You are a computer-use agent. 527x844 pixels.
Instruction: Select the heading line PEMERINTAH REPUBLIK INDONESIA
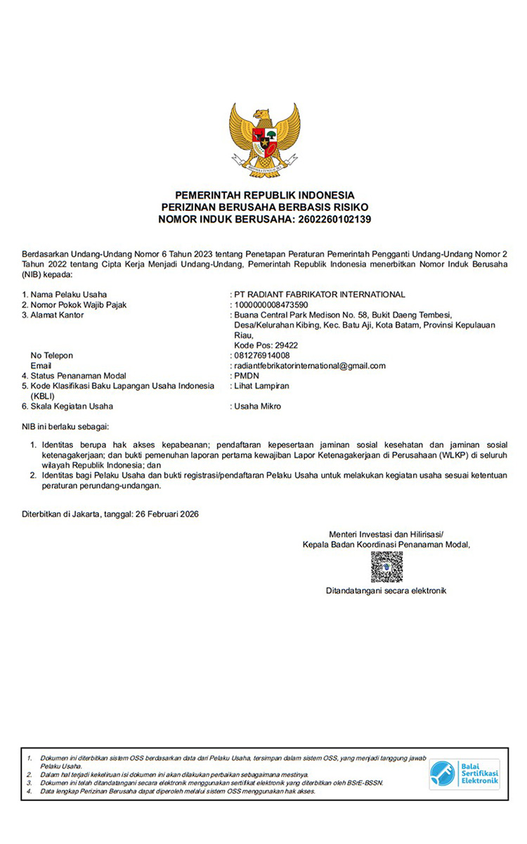(265, 195)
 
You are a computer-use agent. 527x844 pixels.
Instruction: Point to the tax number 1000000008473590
(271, 305)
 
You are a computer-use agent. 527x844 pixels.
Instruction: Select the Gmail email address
(310, 366)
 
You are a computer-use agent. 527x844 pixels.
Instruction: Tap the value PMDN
(247, 376)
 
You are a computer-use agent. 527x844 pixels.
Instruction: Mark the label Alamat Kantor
(57, 314)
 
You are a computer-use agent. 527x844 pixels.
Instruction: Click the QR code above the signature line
(386, 567)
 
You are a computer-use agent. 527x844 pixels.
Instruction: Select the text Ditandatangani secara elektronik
(386, 591)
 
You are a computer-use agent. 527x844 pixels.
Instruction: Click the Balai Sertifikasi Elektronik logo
(464, 774)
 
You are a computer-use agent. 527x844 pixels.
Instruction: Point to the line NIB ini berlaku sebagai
(66, 426)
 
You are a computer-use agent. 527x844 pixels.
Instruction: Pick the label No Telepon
(52, 355)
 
